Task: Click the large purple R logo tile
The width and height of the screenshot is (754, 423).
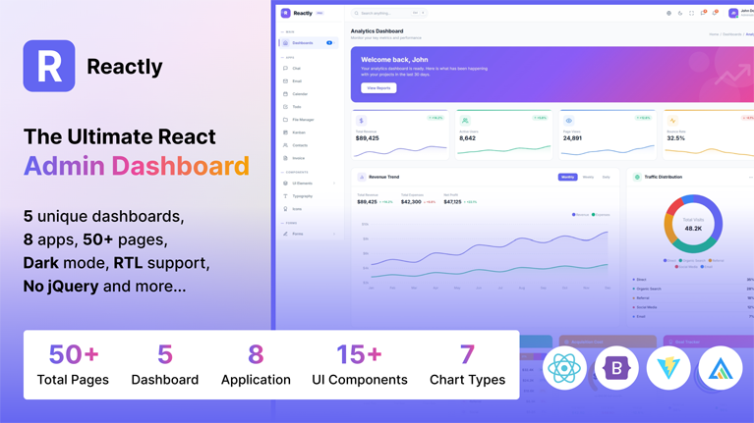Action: point(49,66)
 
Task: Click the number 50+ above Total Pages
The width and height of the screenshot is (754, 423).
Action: point(74,353)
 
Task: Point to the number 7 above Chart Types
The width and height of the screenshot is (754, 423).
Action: point(467,353)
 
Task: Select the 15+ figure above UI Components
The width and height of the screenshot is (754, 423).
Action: point(359,353)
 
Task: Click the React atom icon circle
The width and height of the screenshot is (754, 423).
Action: point(564,369)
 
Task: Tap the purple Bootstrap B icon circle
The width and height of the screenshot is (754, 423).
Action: point(616,369)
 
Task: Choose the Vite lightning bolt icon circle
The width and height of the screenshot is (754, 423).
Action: point(668,369)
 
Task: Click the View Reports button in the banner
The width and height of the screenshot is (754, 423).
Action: point(378,88)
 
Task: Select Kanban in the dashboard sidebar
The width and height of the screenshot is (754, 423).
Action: point(299,132)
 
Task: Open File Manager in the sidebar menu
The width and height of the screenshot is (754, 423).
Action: point(303,120)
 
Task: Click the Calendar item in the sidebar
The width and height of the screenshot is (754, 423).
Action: point(300,94)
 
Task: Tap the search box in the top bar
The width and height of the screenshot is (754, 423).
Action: point(388,14)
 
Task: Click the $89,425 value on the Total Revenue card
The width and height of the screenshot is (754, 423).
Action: point(368,138)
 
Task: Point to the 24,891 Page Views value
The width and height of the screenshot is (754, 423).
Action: point(572,138)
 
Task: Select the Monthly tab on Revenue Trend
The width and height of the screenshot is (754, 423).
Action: point(567,178)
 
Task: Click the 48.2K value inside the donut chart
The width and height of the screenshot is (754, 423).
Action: point(693,228)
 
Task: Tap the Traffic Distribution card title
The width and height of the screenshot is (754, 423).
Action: point(663,178)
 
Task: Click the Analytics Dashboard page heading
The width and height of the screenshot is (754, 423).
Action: point(377,31)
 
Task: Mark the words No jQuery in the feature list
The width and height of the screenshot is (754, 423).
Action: point(61,287)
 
